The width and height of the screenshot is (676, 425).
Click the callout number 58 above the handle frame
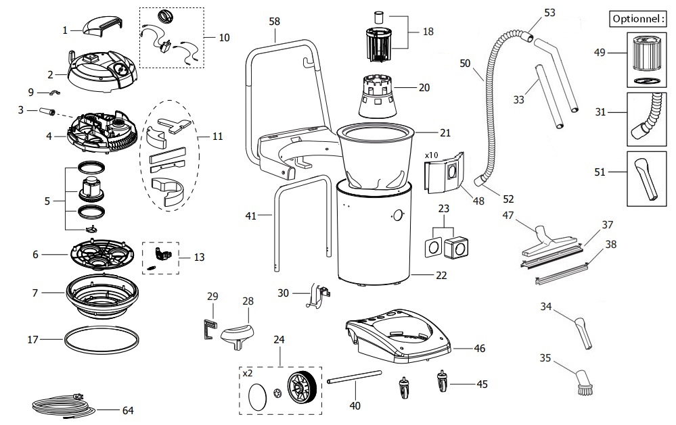click(274, 22)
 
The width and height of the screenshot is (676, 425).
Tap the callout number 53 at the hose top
click(549, 12)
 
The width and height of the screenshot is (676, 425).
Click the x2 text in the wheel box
click(249, 372)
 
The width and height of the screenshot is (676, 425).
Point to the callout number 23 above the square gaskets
click(445, 209)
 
